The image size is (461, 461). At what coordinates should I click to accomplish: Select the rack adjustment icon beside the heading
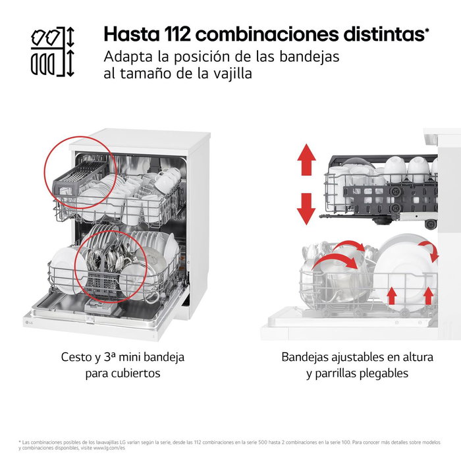(52, 53)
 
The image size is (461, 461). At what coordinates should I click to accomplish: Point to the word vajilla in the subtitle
(230, 74)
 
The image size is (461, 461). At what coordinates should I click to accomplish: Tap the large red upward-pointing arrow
(306, 161)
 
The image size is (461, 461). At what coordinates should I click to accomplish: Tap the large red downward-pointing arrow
(306, 207)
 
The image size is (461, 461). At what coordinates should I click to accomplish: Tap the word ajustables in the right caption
(348, 358)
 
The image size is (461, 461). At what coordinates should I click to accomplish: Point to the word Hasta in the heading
(127, 34)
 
